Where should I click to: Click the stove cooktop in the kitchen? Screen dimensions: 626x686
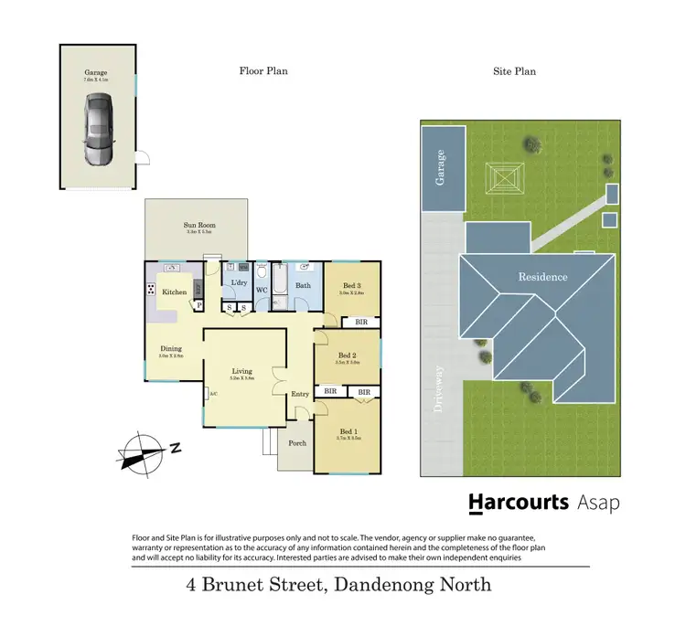coord(151,290)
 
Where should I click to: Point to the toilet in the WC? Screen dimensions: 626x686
coord(262,271)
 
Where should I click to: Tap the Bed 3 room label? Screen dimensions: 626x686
coord(351,285)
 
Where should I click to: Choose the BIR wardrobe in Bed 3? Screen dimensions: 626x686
coord(359,323)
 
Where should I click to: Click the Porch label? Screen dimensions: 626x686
coord(297,443)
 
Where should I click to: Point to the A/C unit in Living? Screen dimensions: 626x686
coord(212,394)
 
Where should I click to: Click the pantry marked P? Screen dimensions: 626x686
coord(198,305)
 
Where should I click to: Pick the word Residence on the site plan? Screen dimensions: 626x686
coord(542,277)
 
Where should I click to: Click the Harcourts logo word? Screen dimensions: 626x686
coord(519,502)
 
